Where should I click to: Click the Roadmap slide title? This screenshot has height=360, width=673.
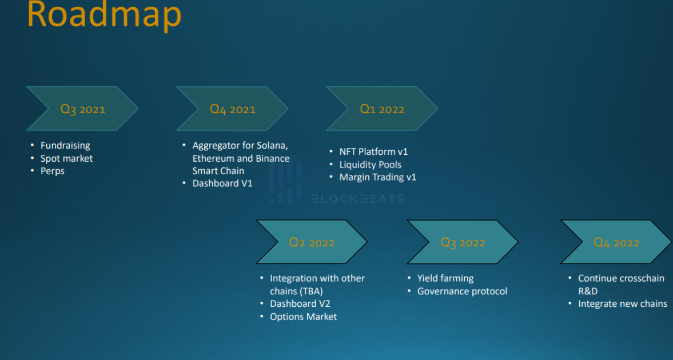(104, 15)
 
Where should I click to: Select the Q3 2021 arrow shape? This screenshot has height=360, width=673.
(83, 109)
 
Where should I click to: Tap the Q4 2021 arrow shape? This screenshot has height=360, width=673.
(232, 109)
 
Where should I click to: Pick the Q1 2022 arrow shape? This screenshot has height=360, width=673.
(382, 109)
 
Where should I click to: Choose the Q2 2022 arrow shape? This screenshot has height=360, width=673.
(312, 242)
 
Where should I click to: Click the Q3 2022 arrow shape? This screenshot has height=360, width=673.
(463, 242)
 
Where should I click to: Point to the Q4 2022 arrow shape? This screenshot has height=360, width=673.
(616, 242)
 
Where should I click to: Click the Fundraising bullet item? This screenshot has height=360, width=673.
(65, 146)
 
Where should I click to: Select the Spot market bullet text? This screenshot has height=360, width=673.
(66, 158)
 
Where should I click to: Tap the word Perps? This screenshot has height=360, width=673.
(53, 171)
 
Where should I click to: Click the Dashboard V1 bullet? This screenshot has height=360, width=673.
(222, 183)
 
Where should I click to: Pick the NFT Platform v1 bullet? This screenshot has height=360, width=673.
(373, 151)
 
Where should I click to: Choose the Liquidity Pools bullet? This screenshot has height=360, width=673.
(371, 165)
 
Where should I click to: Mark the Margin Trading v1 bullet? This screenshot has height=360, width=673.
(378, 177)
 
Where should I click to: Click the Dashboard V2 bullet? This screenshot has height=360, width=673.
(300, 304)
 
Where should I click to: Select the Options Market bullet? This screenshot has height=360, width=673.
(304, 317)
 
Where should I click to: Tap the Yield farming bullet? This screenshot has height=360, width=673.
(445, 278)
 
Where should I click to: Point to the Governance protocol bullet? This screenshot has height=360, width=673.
(462, 291)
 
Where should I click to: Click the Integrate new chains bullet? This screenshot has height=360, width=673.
(623, 304)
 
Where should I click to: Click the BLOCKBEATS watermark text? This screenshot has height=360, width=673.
(357, 199)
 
